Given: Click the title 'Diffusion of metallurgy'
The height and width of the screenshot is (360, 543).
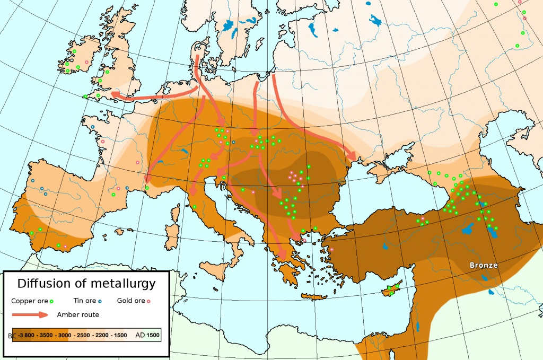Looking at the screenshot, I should tap(86, 283).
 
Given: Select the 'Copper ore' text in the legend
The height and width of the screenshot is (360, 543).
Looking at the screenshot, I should tap(29, 301).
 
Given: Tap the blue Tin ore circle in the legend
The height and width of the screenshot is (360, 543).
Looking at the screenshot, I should tap(100, 301).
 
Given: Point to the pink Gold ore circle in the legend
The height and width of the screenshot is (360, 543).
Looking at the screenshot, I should tap(150, 301).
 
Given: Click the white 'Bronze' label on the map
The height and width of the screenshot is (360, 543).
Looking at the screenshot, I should tap(483, 265).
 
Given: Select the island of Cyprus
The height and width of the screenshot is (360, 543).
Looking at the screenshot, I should tap(391, 289).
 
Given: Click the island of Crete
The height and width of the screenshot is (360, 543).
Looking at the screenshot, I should tap(314, 296).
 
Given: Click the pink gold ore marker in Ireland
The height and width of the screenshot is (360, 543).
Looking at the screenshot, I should tap(86, 63).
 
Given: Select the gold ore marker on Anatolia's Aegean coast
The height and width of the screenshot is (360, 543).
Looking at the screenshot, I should tap(331, 249).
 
